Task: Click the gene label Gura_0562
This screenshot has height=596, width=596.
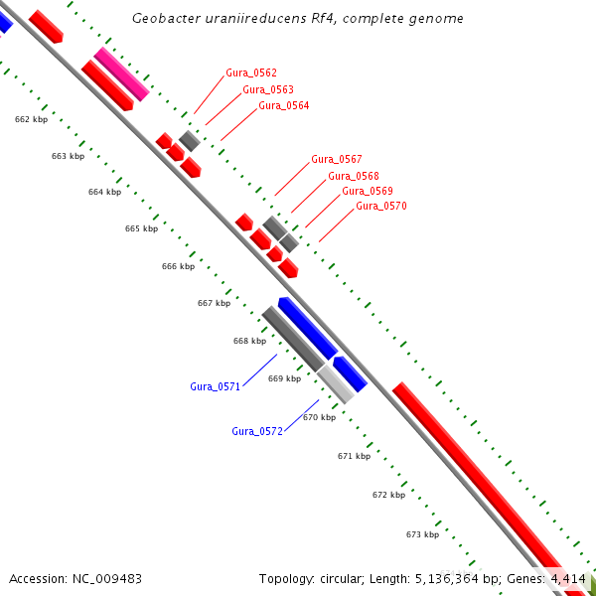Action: pyautogui.click(x=251, y=74)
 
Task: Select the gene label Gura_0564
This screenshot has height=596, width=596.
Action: pyautogui.click(x=283, y=105)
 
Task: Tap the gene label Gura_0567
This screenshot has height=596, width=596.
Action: pyautogui.click(x=336, y=159)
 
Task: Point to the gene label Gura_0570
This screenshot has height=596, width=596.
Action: pyautogui.click(x=381, y=206)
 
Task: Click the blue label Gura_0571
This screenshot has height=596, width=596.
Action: pyautogui.click(x=215, y=386)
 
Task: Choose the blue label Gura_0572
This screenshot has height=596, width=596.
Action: pyautogui.click(x=257, y=431)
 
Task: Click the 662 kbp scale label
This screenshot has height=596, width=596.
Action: pyautogui.click(x=31, y=119)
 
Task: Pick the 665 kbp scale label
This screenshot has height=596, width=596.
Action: pyautogui.click(x=141, y=228)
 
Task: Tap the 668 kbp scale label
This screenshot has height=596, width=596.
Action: pyautogui.click(x=249, y=341)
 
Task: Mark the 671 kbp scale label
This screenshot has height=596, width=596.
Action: pyautogui.click(x=354, y=456)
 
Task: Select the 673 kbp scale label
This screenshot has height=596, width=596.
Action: pyautogui.click(x=422, y=534)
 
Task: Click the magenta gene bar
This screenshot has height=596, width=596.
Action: pyautogui.click(x=122, y=74)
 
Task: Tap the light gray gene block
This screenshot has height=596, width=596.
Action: pyautogui.click(x=336, y=383)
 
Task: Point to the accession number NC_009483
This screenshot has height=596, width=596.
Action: pyautogui.click(x=104, y=578)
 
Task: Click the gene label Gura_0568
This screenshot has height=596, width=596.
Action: pyautogui.click(x=353, y=176)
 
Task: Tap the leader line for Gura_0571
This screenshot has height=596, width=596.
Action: pyautogui.click(x=260, y=369)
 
